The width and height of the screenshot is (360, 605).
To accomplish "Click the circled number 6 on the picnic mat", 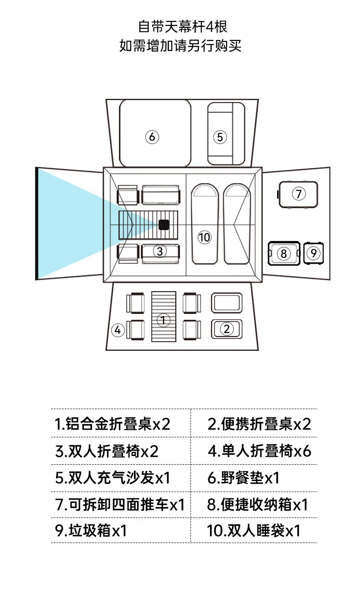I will tap(152, 137).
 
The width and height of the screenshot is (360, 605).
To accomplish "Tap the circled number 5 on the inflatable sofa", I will tap(220, 137).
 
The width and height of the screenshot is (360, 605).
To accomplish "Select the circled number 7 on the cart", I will tap(298, 194).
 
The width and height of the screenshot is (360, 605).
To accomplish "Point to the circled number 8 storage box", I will tap(283, 253).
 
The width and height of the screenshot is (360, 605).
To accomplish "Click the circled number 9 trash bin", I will tap(313, 253).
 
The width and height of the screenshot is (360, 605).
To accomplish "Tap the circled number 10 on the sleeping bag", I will tap(205, 237).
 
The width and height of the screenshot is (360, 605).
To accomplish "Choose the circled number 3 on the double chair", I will tap(159, 251).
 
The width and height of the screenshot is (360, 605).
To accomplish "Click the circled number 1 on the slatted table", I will tap(164, 320).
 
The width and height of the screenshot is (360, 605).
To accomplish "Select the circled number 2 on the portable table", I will tap(227, 328).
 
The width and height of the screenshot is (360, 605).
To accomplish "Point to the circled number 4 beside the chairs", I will tap(118, 330).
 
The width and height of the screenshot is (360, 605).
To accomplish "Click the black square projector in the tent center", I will tap(164, 225).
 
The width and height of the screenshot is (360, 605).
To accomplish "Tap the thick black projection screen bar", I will tap(36, 223).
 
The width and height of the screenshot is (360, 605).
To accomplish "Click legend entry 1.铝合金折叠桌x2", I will tap(112, 424).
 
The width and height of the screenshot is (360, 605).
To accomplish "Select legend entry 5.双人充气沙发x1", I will tap(113, 478).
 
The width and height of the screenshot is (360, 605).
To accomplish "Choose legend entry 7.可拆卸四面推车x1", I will tap(120, 505).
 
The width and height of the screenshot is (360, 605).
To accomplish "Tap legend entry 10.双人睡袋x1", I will tap(253, 531).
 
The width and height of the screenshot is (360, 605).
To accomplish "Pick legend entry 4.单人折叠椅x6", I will tap(259, 451).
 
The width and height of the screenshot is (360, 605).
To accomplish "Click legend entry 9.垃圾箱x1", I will tap(91, 531).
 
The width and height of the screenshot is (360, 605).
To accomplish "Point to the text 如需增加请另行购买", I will tap(180, 46).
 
